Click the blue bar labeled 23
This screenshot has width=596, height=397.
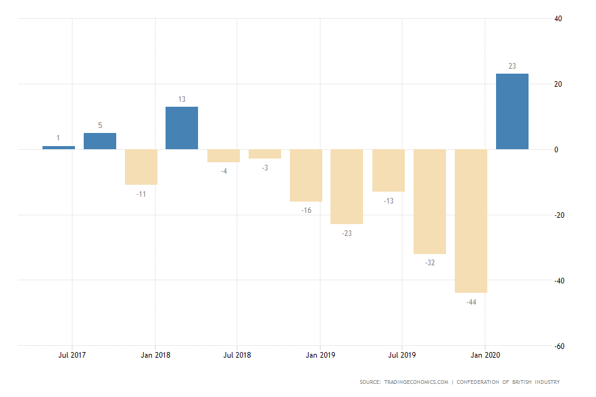point(512,112)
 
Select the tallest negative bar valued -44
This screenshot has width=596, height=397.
point(470,221)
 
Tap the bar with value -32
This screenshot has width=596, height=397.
point(429,202)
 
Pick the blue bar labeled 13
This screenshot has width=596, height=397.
point(182,128)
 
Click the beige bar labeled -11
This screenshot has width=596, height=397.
point(141,167)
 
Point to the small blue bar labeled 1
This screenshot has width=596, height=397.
point(59,147)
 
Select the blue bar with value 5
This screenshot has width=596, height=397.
point(100,141)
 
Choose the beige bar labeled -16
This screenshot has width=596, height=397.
point(305,175)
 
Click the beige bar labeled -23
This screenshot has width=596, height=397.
point(347,187)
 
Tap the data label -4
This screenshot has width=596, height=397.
point(224,171)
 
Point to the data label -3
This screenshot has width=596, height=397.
point(265,168)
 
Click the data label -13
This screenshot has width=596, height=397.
point(389,200)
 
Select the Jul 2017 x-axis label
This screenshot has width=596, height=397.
point(72,355)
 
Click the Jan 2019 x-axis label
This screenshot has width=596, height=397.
point(320,355)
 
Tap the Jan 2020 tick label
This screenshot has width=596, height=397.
point(485,355)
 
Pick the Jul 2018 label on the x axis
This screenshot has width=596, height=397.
point(237,355)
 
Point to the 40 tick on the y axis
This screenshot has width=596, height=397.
point(559,19)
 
